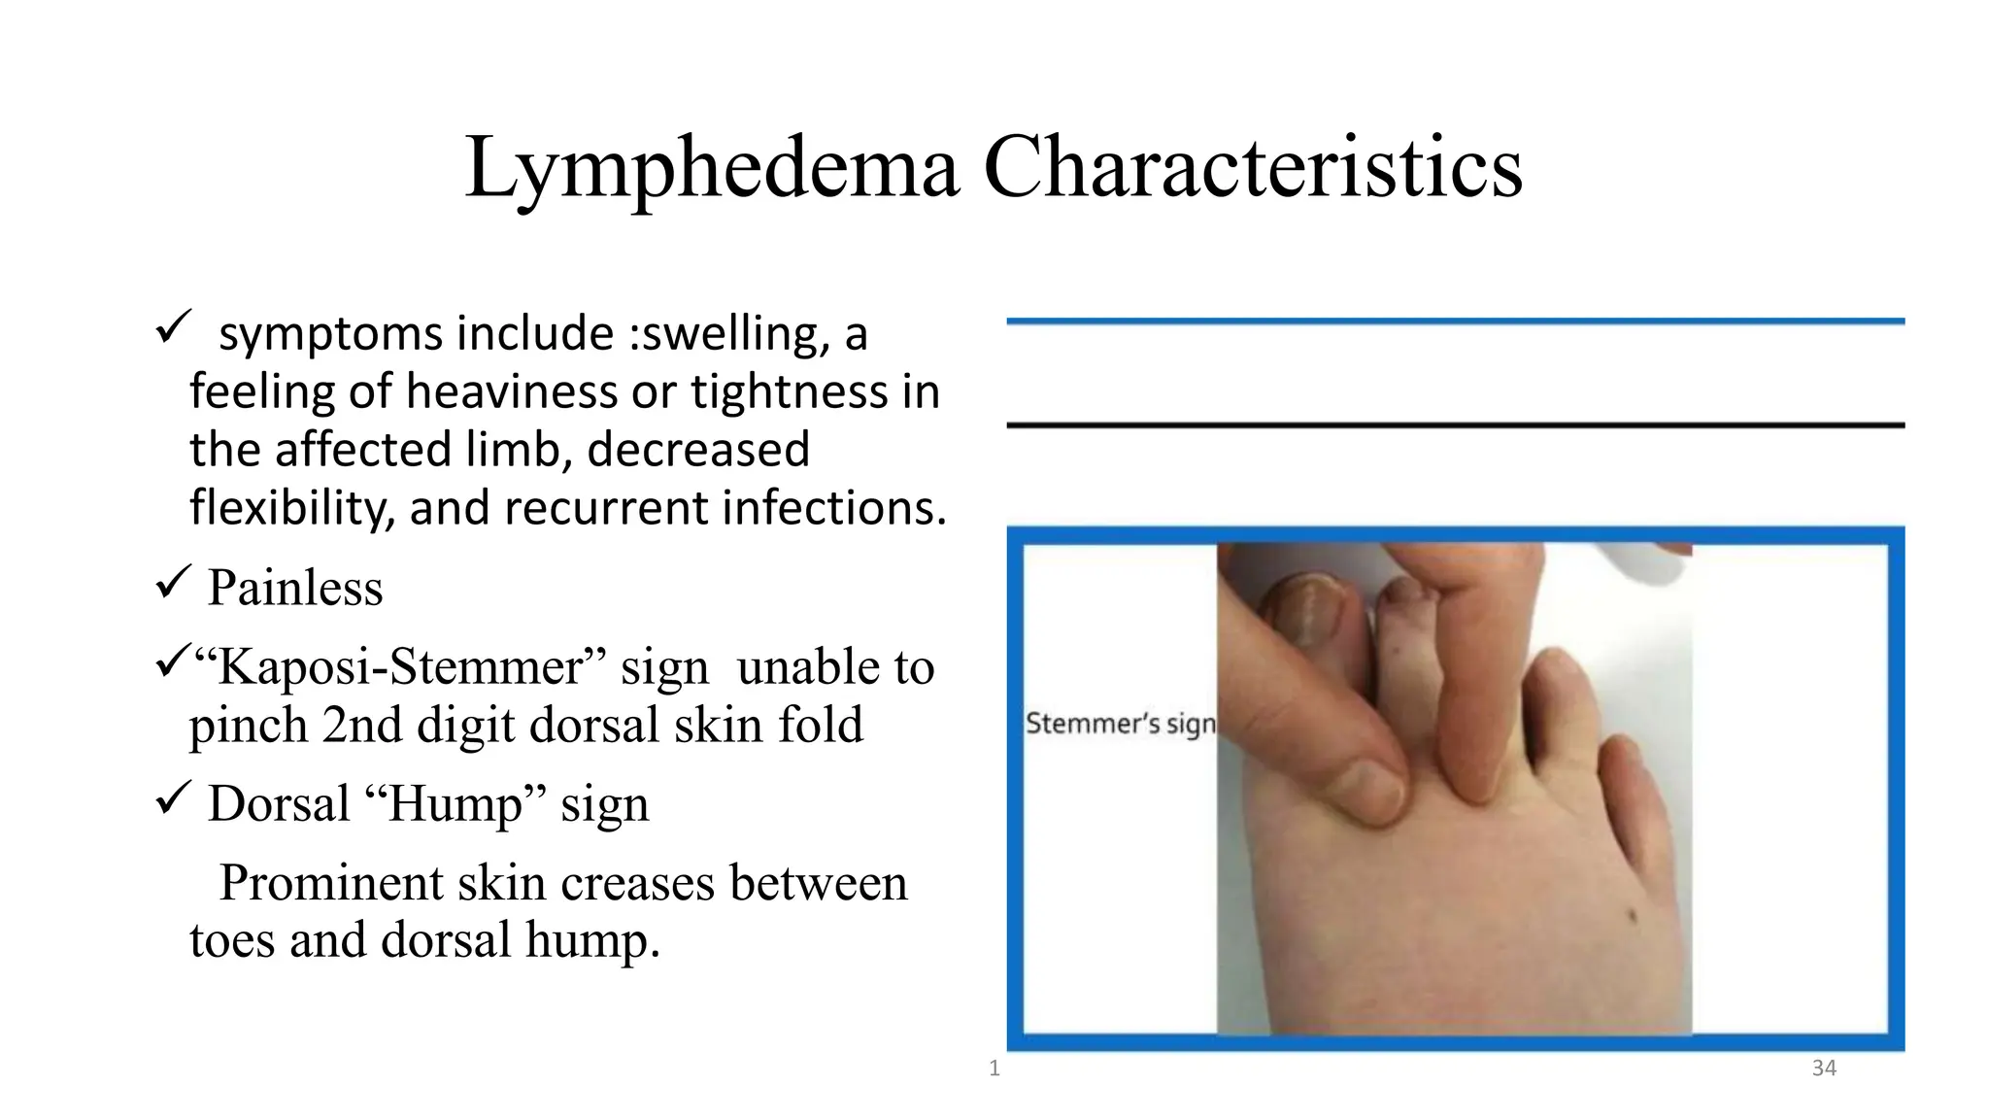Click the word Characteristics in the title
point(1253,167)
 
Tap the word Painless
point(295,588)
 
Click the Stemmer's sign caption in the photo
point(1120,724)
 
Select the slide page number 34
point(1824,1068)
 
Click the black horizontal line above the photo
point(1455,425)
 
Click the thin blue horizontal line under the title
point(1455,321)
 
